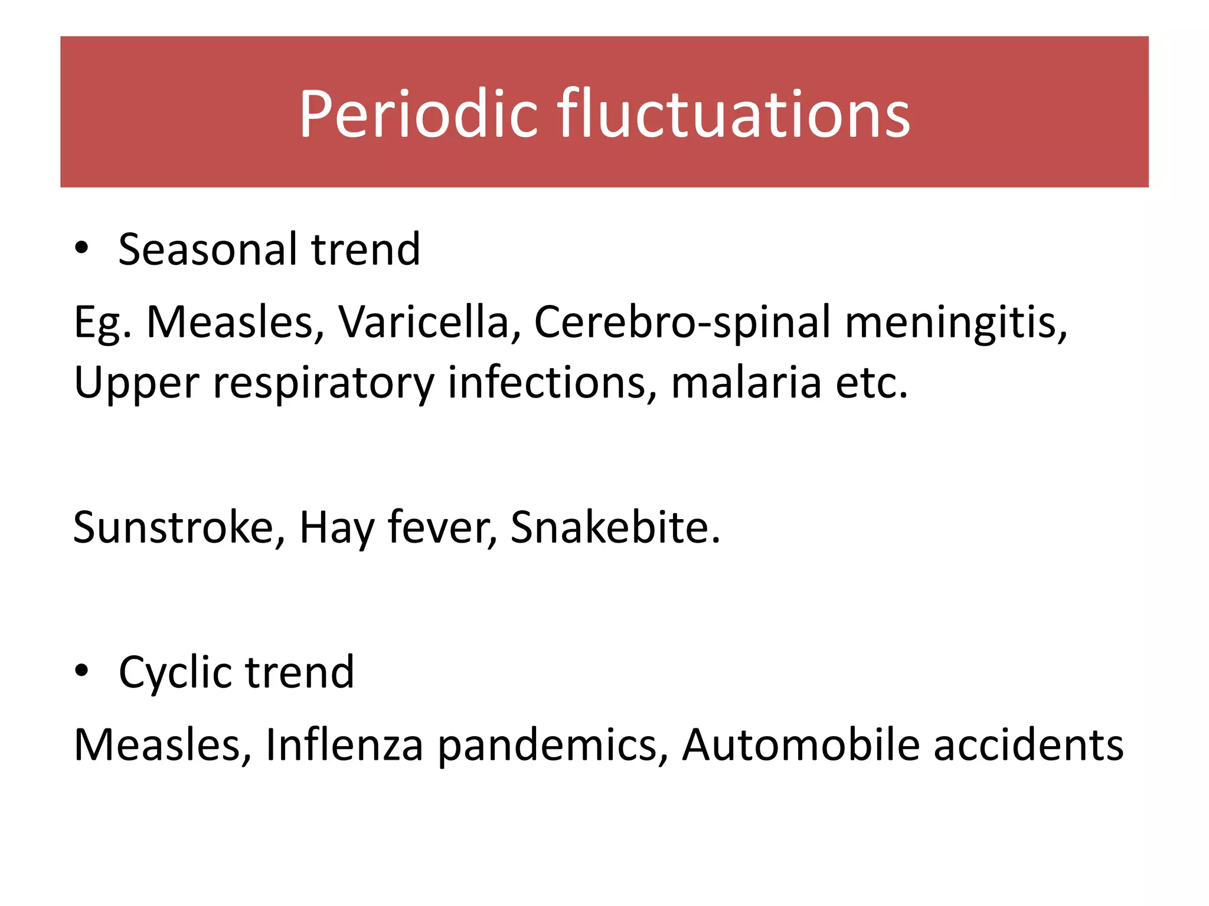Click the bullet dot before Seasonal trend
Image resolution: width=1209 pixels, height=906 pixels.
81,248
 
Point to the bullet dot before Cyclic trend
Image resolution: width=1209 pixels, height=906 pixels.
81,671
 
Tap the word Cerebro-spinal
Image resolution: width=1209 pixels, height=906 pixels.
682,323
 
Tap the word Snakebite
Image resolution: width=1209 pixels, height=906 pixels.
615,527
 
